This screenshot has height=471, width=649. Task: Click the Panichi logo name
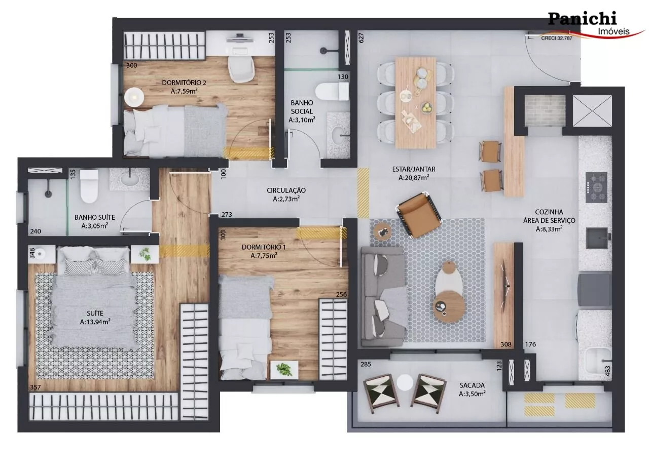point(583,19)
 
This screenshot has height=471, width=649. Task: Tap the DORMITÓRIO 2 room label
point(184,83)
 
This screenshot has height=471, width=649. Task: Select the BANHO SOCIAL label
point(302,107)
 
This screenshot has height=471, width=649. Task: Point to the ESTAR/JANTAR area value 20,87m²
point(414,178)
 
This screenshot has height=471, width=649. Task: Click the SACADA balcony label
point(472,385)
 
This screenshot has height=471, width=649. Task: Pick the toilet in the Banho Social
point(332,92)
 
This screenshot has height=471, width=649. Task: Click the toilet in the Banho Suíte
point(89,186)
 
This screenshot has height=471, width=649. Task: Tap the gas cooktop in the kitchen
point(596,187)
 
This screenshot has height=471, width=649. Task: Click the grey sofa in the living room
point(382,297)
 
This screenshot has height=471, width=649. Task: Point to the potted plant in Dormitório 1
point(284,369)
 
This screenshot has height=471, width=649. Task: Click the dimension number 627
point(361,37)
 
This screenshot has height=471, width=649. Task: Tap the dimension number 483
point(608,371)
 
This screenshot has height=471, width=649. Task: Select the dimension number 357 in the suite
point(35,387)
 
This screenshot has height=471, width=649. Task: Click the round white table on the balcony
point(405,382)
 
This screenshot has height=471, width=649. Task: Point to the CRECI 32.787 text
point(557,38)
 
